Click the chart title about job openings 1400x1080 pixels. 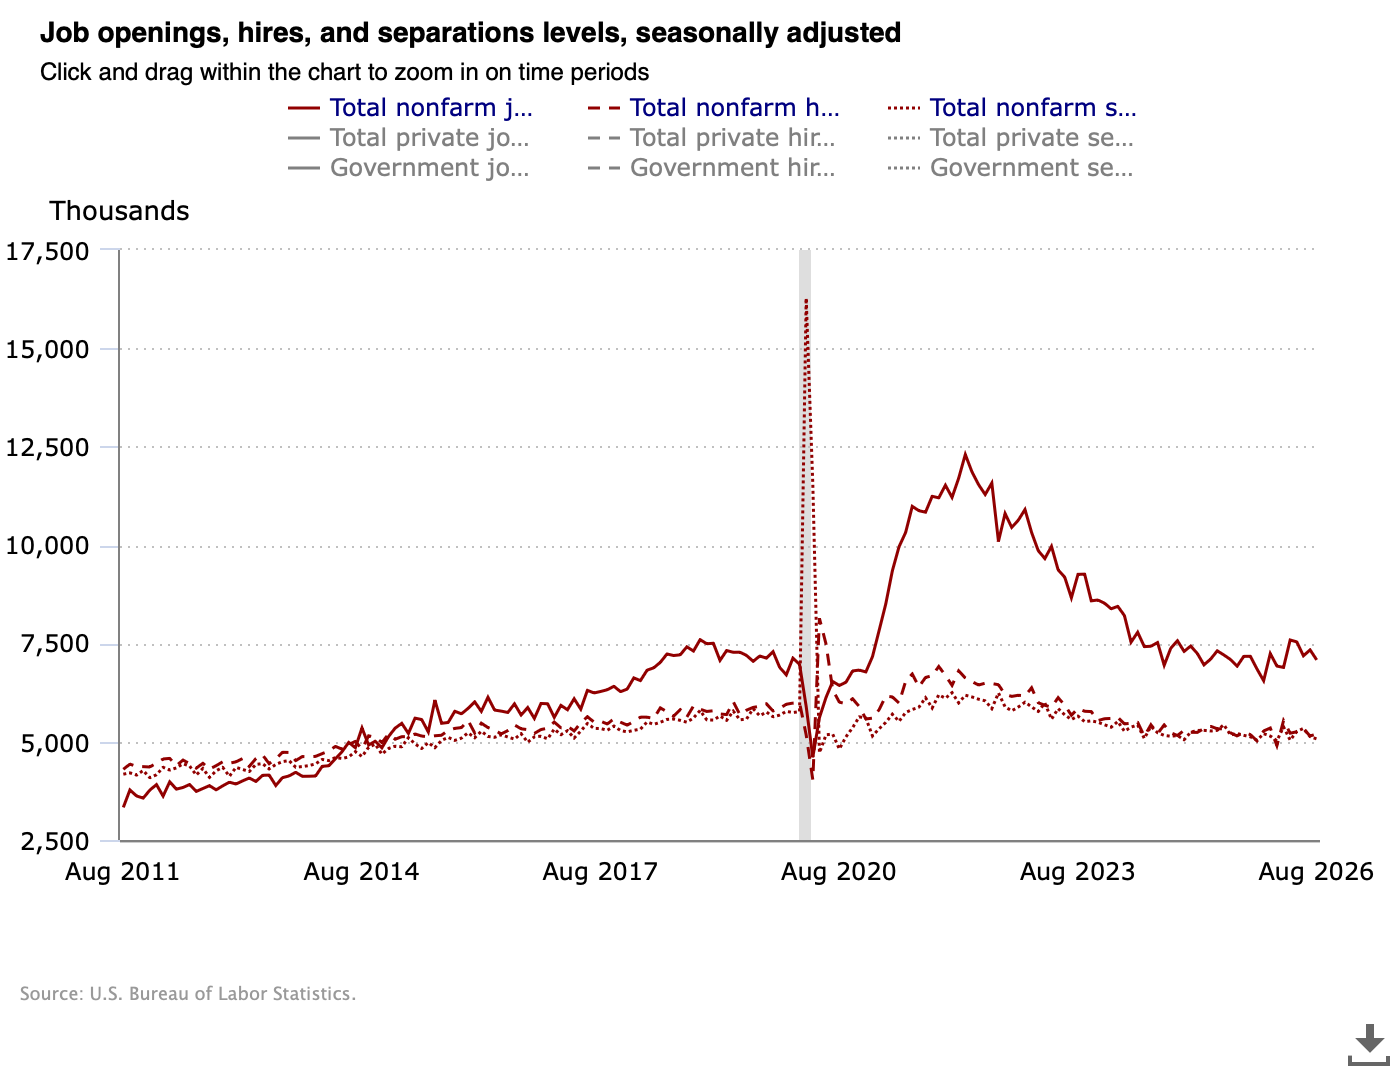tap(470, 33)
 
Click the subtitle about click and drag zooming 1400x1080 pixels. tap(344, 72)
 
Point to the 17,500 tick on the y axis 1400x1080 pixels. tap(47, 251)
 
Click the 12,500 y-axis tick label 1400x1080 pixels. tap(47, 448)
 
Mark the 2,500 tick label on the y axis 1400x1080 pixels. tap(55, 841)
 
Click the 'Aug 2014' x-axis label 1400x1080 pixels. tap(361, 872)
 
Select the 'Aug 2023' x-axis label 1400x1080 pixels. tap(1077, 872)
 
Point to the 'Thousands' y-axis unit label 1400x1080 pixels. tap(119, 211)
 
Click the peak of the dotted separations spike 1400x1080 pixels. tap(807, 300)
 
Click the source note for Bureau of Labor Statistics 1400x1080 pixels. tap(187, 994)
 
